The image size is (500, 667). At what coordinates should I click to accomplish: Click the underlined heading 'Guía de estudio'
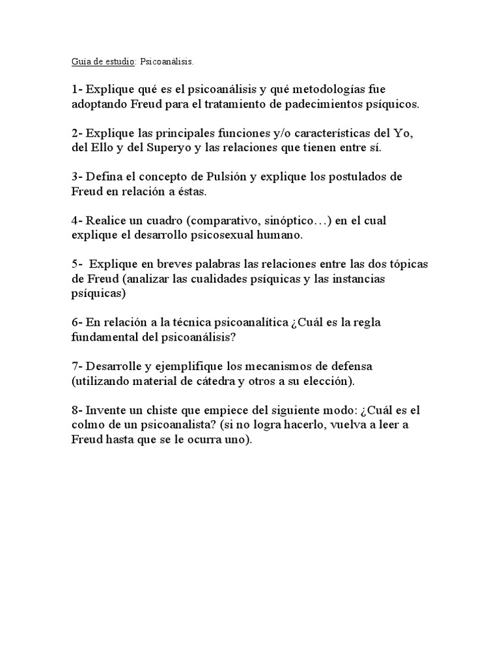click(103, 63)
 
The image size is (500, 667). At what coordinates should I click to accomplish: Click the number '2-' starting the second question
click(77, 134)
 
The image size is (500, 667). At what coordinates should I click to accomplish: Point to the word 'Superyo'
click(151, 148)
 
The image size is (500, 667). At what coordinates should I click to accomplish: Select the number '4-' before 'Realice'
click(77, 221)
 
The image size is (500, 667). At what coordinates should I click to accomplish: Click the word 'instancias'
click(370, 279)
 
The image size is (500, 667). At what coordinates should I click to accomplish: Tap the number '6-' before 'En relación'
click(77, 323)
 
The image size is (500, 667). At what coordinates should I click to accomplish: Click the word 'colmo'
click(89, 425)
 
